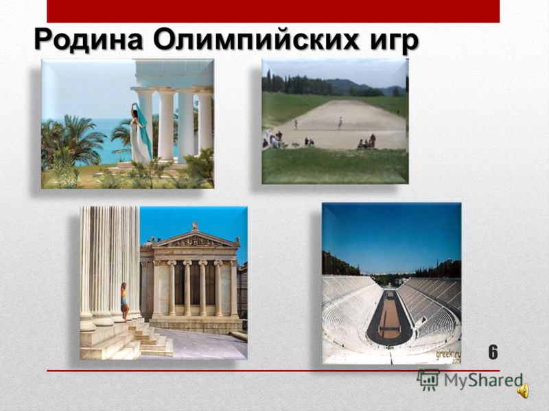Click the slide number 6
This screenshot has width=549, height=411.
493,351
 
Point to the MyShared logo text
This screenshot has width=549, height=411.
483,380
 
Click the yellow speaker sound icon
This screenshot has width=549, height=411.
524,390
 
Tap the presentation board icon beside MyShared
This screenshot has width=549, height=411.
428,379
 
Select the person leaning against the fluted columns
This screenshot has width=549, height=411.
124,302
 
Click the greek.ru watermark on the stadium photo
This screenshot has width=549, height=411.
449,356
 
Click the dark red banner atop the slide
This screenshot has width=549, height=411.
273,11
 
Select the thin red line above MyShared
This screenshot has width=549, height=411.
273,371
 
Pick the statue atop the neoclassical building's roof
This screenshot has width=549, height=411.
195,226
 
